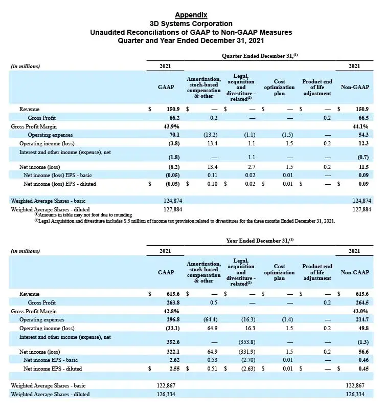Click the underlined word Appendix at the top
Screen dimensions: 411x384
[191, 14]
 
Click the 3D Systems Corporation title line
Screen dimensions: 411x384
[191, 24]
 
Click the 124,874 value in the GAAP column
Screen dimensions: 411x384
[167, 200]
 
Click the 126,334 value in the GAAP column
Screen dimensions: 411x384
[166, 394]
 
